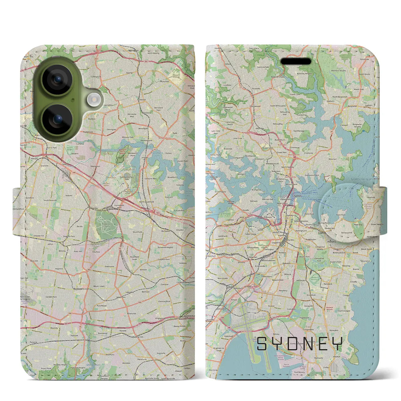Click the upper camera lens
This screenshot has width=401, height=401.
click(57, 80)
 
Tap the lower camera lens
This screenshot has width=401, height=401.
click(57, 119)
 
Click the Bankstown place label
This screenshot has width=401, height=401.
click(78, 289)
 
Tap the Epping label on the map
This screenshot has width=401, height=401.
click(129, 73)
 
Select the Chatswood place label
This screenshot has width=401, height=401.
click(255, 106)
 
